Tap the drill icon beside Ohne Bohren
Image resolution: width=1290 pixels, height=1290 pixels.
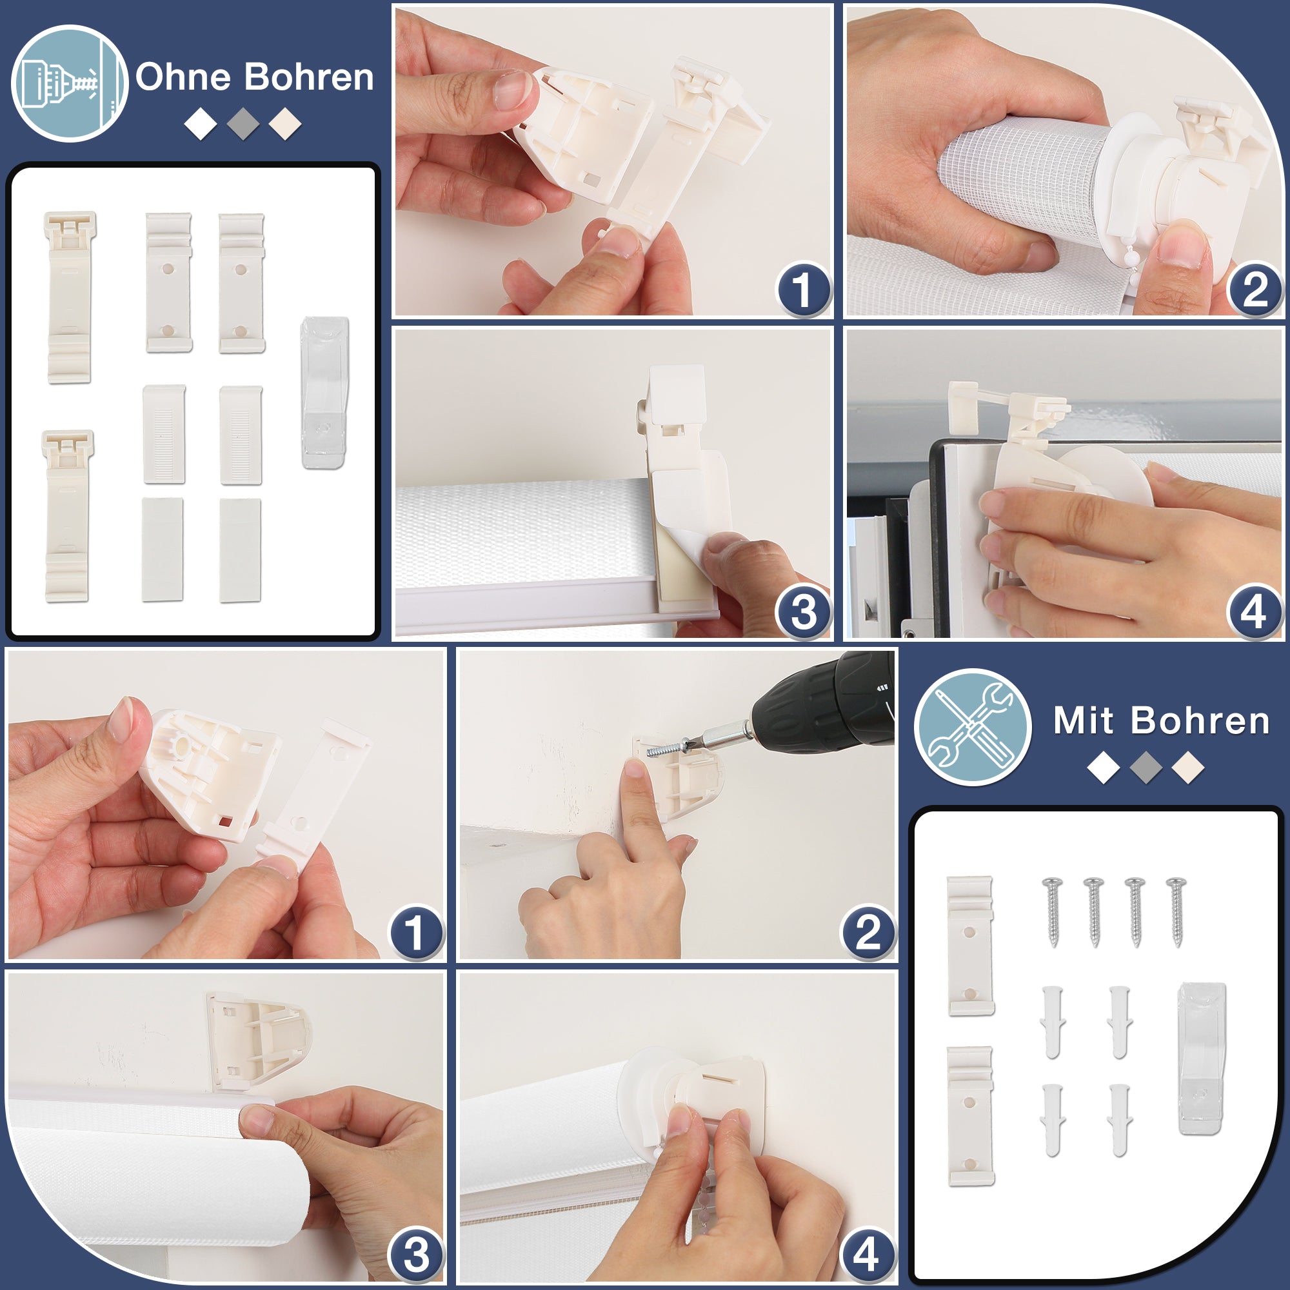pos(70,83)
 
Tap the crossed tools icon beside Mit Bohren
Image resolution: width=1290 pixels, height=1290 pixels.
pos(972,727)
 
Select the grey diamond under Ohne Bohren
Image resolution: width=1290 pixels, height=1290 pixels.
pos(243,124)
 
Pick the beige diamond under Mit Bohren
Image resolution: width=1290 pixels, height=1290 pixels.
pos(1188,767)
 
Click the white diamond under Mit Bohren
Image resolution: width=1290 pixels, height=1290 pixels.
pos(1104,767)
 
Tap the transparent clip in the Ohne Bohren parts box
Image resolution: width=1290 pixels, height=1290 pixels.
pos(325,393)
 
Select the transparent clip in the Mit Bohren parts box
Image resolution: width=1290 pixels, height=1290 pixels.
pos(1202,1058)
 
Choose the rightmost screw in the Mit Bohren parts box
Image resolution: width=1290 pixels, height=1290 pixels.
pos(1176,911)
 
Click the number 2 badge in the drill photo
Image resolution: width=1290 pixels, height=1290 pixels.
pos(868,932)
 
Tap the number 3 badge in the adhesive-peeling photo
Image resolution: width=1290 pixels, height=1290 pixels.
pos(803,612)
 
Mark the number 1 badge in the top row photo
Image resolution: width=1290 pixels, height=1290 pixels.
pos(803,289)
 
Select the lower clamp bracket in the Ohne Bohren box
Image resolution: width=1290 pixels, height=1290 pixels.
pos(68,515)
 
